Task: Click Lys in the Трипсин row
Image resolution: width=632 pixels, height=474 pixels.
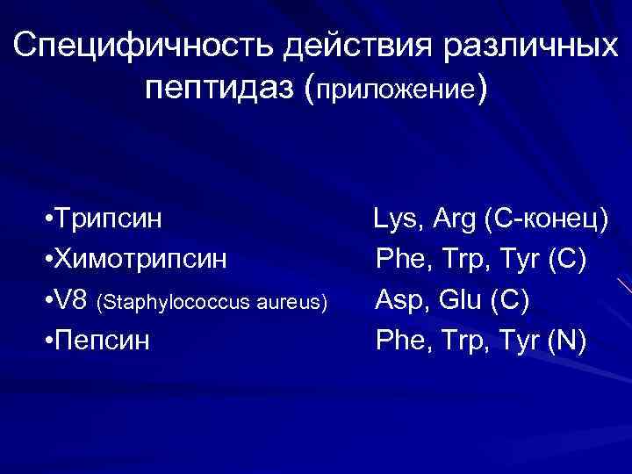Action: [396, 219]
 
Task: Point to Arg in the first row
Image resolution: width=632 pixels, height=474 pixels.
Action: [451, 219]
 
